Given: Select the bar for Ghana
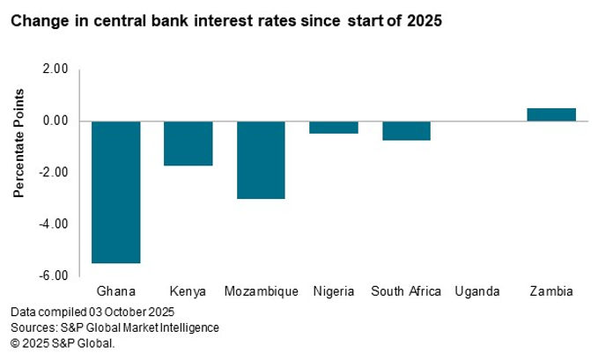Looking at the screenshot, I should coord(116,192).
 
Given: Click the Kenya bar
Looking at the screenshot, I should coord(188,143).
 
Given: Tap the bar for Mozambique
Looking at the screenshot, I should coord(261,159).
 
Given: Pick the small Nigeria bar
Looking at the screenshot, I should coord(334,127).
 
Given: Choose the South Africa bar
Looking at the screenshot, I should coord(406,130).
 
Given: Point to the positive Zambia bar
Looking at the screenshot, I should coord(551,114).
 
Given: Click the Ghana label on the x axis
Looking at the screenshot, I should coord(115,291).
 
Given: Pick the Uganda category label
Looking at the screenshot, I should coord(478,291).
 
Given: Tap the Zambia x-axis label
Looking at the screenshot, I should coord(551,291).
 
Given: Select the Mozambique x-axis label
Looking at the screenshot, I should coord(261,291).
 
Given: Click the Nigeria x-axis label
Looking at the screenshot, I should coord(334,291).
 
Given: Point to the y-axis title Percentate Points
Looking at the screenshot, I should coord(19,156).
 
